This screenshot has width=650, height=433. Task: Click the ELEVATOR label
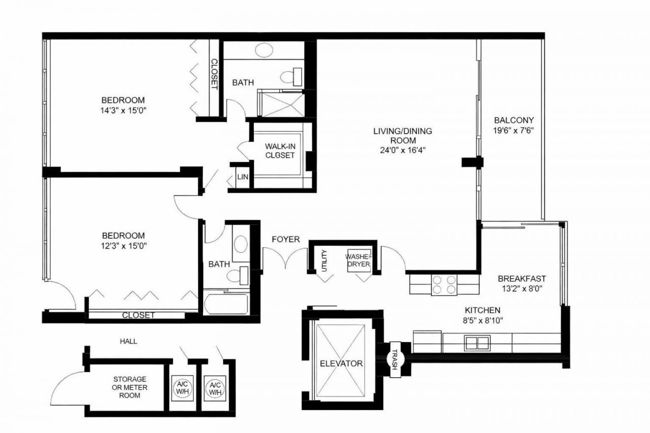click(x=341, y=363)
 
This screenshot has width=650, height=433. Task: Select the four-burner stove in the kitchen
click(x=444, y=285)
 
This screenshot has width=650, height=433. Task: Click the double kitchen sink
click(x=477, y=343)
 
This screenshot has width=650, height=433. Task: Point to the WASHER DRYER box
click(x=359, y=260)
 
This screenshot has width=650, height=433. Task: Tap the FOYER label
click(x=285, y=239)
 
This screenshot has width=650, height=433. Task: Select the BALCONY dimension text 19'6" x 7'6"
click(x=513, y=130)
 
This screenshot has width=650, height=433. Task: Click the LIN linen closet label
click(x=242, y=177)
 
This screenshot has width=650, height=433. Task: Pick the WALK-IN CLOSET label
click(x=280, y=151)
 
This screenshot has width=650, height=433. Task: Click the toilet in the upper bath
click(x=291, y=77)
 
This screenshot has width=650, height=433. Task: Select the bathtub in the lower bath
click(x=226, y=303)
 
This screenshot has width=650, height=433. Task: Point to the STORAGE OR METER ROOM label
click(x=130, y=387)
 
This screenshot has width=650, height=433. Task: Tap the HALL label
click(x=128, y=342)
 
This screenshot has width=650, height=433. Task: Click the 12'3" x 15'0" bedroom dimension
click(x=123, y=245)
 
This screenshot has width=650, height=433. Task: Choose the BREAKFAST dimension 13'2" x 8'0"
click(x=522, y=288)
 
